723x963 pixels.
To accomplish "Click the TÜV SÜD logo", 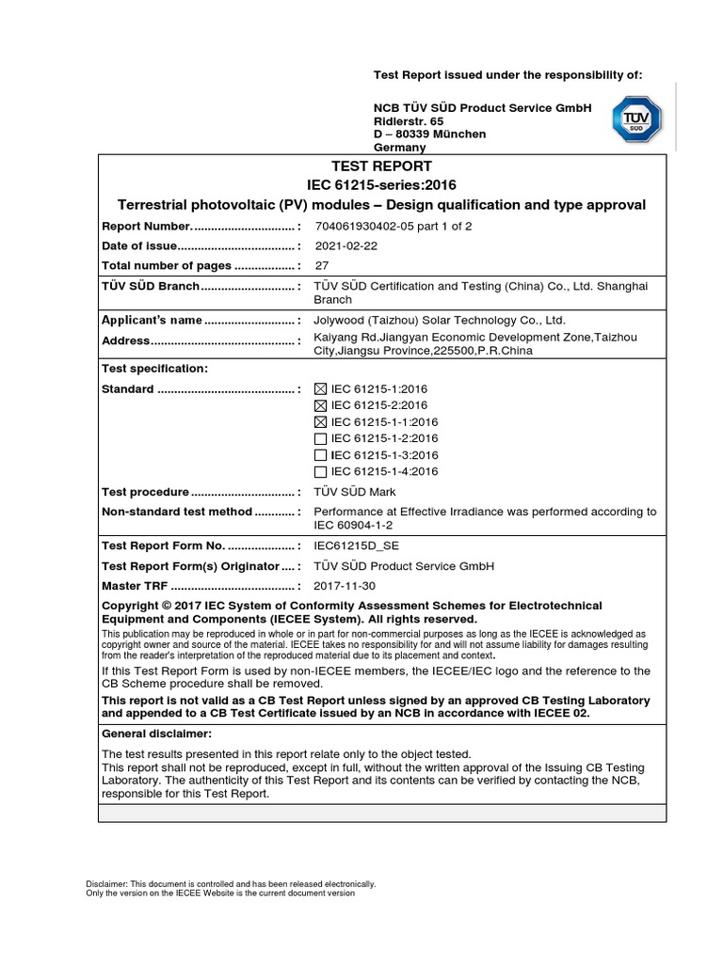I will click(x=637, y=119).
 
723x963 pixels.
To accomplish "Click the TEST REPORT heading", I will click(x=381, y=166).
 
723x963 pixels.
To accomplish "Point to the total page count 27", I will click(x=321, y=265).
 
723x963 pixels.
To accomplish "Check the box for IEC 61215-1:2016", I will click(x=320, y=388).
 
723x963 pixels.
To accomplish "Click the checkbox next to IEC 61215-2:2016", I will click(x=320, y=405).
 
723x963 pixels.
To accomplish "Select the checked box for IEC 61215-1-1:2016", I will click(x=320, y=422).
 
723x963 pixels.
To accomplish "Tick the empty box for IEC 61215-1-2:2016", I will click(x=320, y=438).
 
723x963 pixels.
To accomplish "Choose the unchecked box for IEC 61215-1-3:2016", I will click(x=320, y=455).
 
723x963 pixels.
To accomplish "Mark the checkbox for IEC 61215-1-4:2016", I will click(x=320, y=472).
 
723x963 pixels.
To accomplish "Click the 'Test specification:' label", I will click(x=154, y=368).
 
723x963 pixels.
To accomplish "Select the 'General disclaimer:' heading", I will click(x=156, y=733).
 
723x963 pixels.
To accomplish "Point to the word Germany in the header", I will click(x=400, y=148).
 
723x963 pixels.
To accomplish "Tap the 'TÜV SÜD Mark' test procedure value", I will click(x=355, y=492).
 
